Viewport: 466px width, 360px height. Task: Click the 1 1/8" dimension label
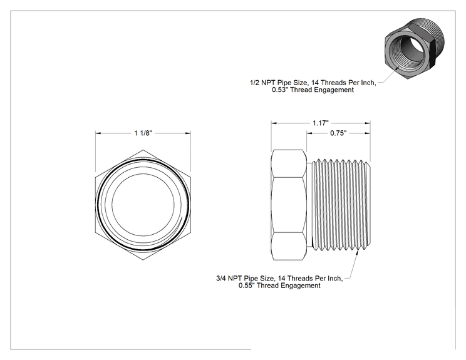click(x=143, y=133)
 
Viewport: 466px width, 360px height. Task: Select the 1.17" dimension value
click(x=321, y=123)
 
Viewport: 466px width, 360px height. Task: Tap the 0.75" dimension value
click(x=338, y=133)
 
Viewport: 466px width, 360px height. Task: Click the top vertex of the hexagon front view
click(x=143, y=150)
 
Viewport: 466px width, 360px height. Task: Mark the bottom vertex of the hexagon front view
click(x=143, y=260)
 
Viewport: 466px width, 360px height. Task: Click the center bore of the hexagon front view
click(x=143, y=205)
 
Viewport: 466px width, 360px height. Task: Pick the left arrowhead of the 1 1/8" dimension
click(x=98, y=133)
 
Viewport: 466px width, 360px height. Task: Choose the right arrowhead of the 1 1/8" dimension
click(x=188, y=133)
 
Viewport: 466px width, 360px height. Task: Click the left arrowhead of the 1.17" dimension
click(x=274, y=123)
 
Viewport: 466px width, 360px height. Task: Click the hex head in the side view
click(x=289, y=205)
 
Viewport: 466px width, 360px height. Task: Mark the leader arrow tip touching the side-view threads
click(x=357, y=251)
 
